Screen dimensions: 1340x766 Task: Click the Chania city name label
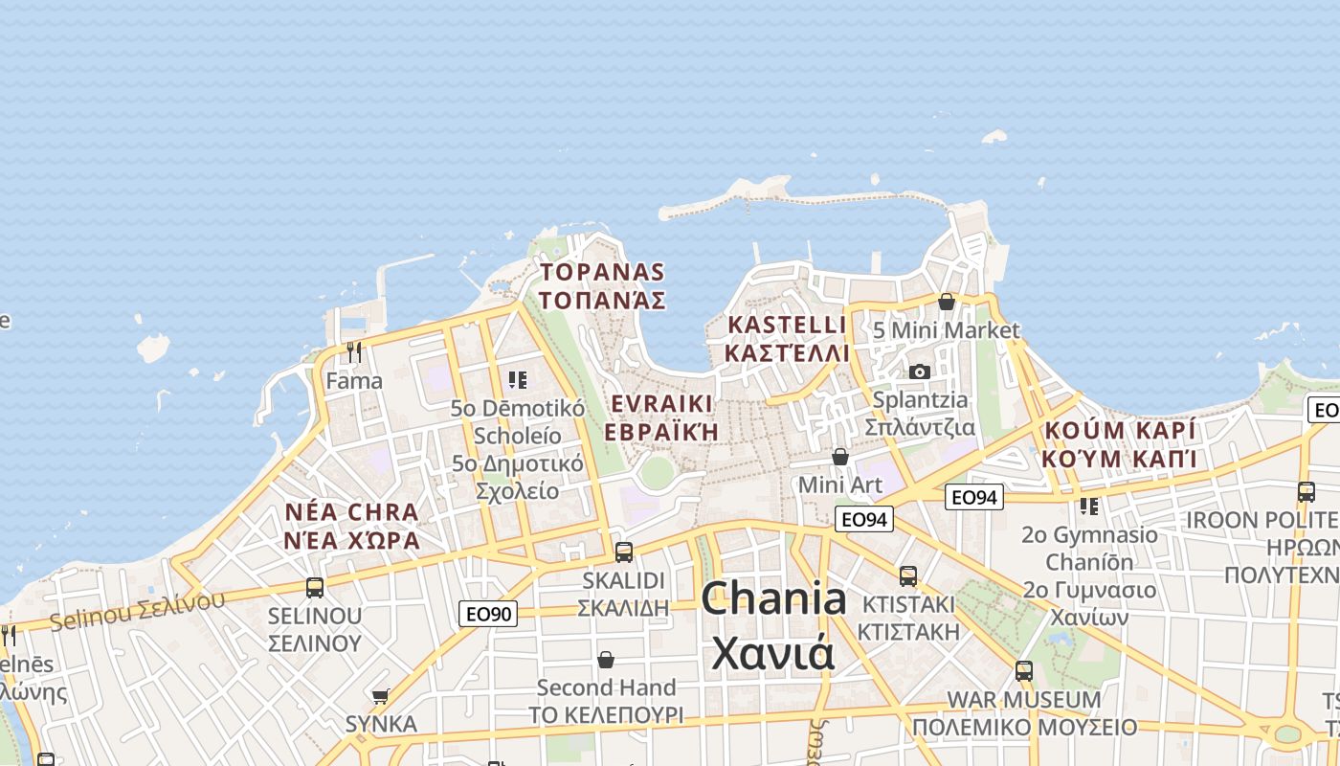[773, 625]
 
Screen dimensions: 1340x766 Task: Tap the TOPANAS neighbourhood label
[602, 285]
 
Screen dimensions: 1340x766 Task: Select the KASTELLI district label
[787, 338]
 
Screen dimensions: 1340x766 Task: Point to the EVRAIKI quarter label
[661, 417]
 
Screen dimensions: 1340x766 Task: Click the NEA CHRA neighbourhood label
[352, 526]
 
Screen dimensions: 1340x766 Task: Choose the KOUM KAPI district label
[1120, 443]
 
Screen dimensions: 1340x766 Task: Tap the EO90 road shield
[487, 614]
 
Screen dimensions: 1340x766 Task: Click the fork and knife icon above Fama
[354, 352]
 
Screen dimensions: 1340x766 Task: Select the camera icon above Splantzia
[920, 372]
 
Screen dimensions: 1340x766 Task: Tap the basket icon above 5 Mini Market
[947, 303]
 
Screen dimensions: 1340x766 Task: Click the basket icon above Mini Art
[840, 457]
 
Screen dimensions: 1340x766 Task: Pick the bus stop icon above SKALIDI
[624, 552]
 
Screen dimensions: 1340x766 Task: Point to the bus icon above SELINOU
[315, 587]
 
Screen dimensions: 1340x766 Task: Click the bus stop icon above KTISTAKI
[907, 576]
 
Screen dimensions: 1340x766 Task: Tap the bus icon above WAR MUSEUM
[1024, 670]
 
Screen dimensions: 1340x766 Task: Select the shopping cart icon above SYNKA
[380, 696]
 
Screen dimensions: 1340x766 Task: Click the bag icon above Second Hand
[606, 660]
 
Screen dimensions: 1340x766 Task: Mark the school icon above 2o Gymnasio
[1088, 506]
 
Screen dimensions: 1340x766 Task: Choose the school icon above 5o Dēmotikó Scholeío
[518, 380]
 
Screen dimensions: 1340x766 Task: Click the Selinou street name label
[136, 611]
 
